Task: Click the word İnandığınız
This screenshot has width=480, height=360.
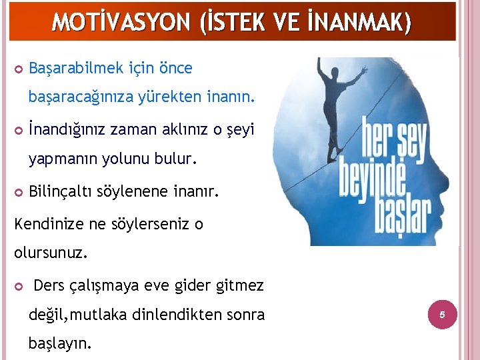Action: click(x=68, y=130)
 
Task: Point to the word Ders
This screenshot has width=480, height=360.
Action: click(x=49, y=286)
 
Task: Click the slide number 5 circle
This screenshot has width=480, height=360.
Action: click(x=441, y=313)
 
